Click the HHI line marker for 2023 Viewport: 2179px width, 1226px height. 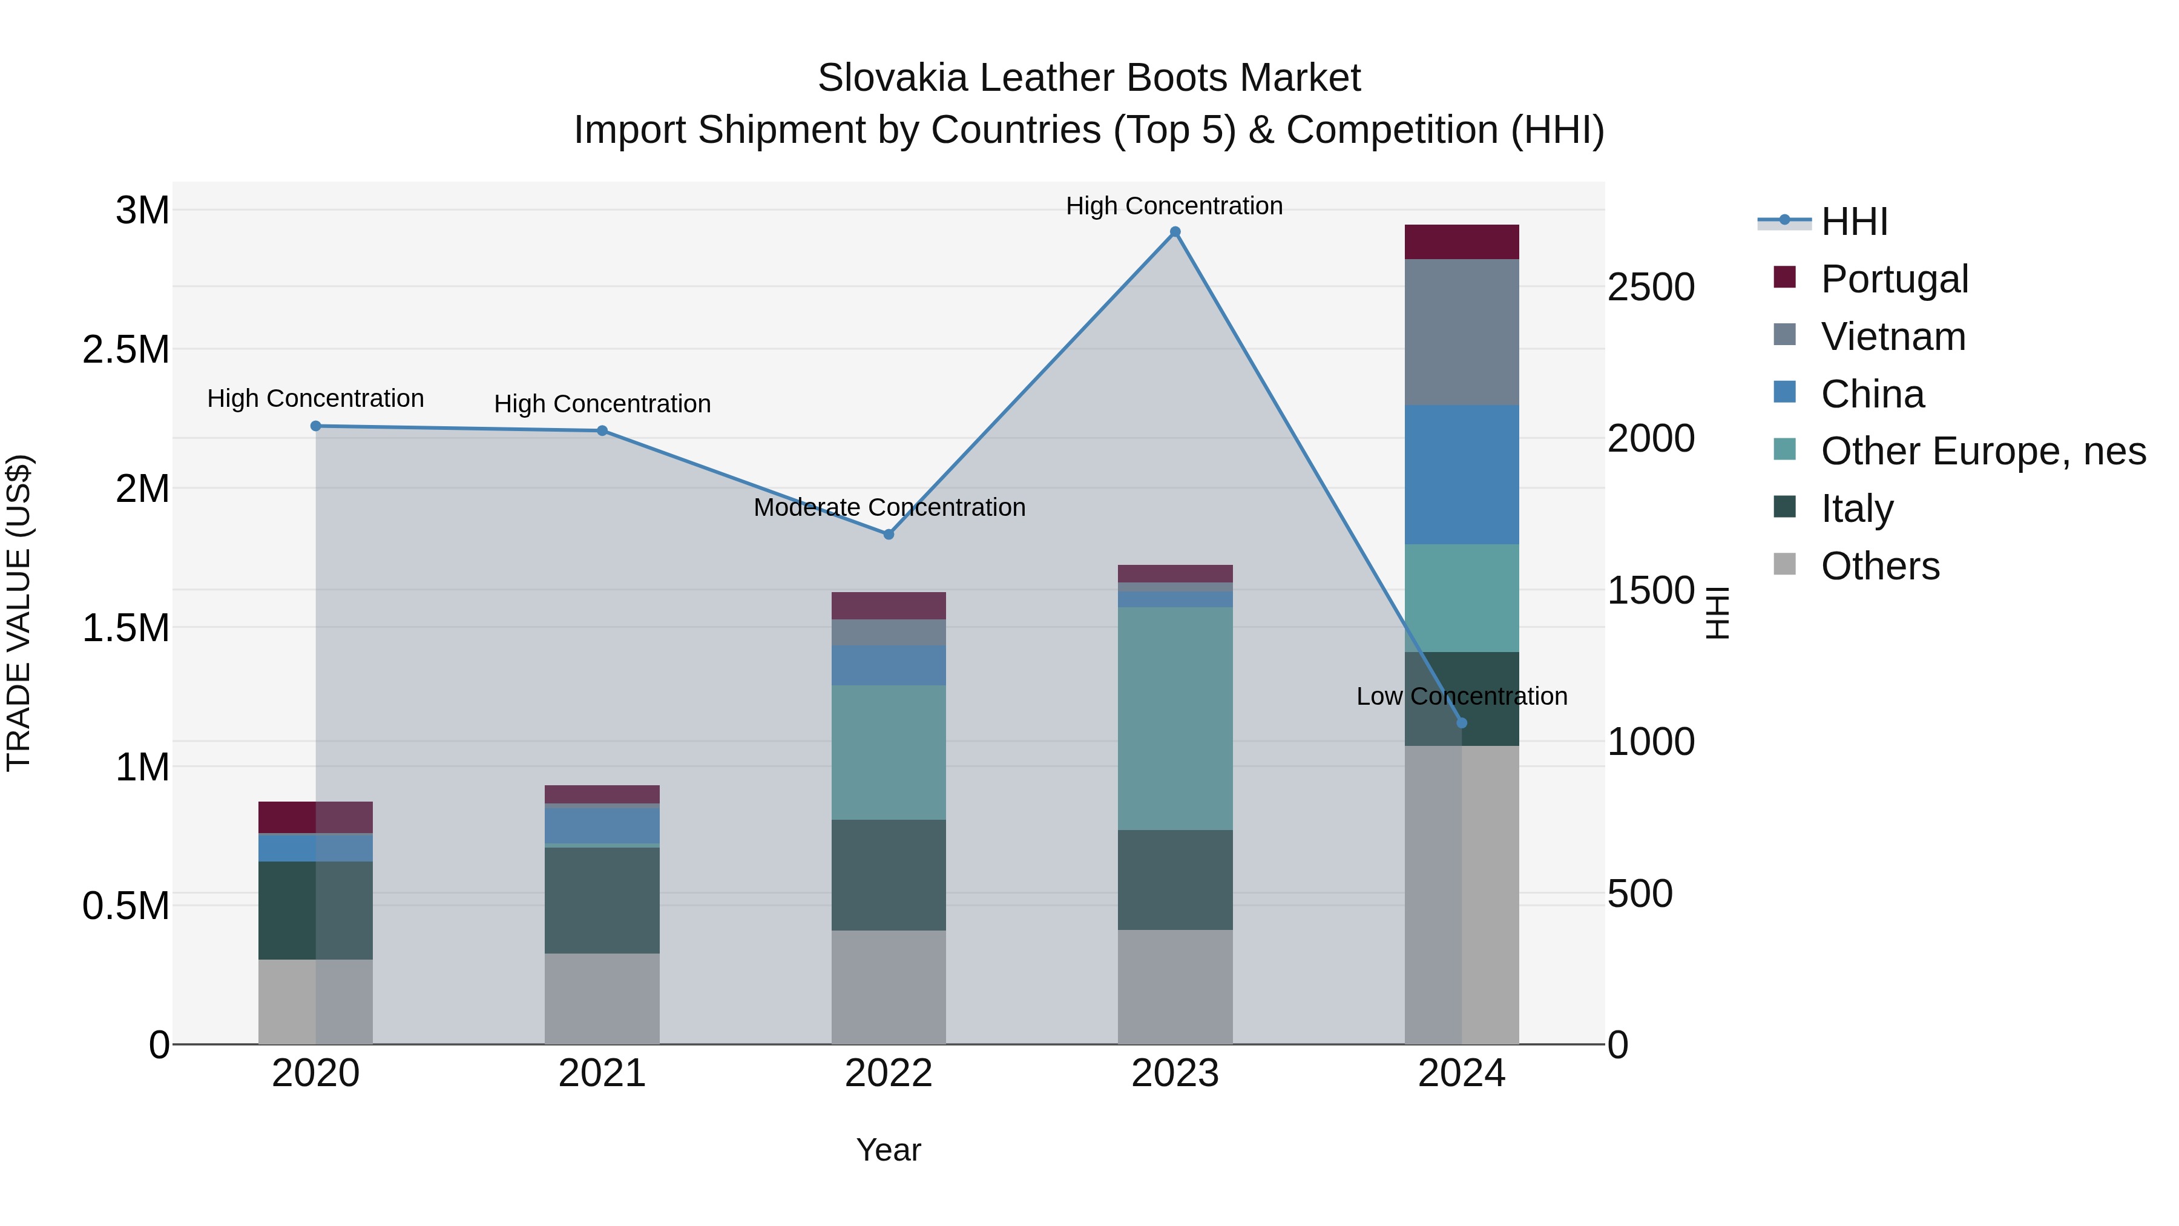[x=1175, y=232]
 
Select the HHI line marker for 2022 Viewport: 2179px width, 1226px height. [x=888, y=534]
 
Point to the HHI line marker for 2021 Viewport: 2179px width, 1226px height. [x=602, y=430]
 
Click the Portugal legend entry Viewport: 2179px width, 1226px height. [x=1894, y=279]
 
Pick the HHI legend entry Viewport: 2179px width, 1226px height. [x=1853, y=222]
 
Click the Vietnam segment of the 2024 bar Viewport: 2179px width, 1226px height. [x=1462, y=332]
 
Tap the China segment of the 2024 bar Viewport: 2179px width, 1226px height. [x=1462, y=474]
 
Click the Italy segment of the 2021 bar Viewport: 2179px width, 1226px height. [x=602, y=900]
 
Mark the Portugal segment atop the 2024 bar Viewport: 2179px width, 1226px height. [x=1462, y=242]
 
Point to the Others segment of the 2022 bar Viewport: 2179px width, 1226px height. [x=888, y=987]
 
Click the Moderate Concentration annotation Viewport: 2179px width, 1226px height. [x=889, y=508]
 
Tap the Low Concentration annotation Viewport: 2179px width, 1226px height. [x=1462, y=696]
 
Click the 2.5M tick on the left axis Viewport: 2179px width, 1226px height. [x=126, y=349]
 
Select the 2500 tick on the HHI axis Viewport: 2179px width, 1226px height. [x=1651, y=288]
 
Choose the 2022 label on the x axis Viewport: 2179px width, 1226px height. [x=888, y=1073]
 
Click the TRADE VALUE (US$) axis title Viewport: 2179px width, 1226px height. [x=19, y=613]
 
